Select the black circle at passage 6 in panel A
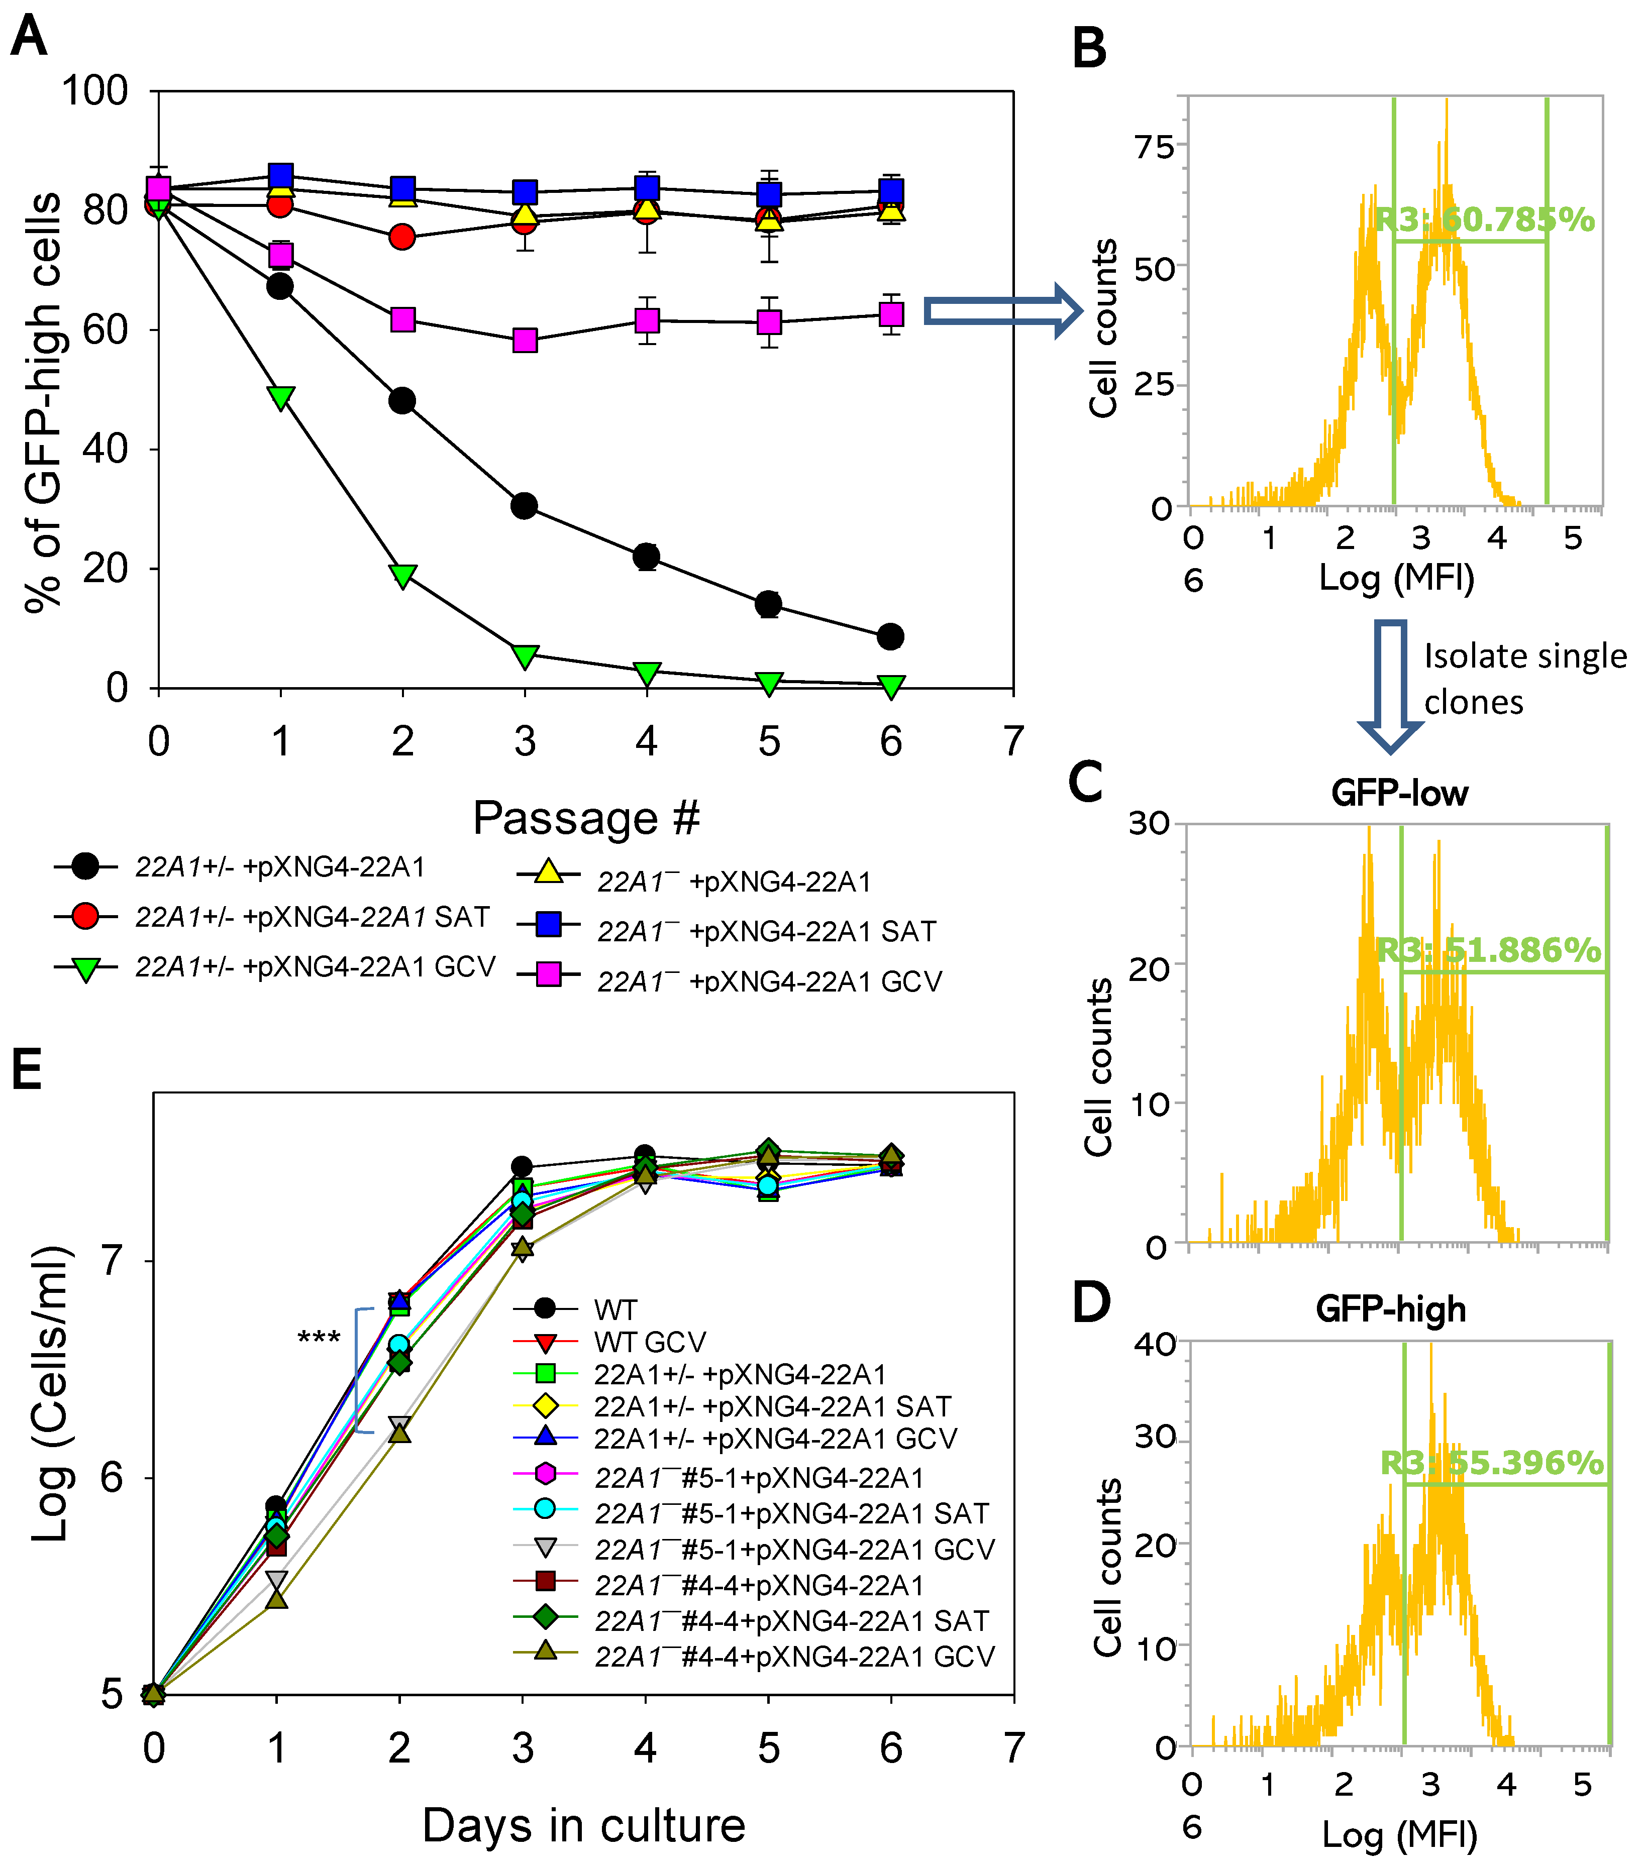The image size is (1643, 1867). click(x=890, y=636)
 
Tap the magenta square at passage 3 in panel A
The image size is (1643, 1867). click(x=525, y=341)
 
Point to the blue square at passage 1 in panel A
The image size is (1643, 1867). click(x=280, y=175)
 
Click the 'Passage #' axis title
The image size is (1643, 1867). click(x=586, y=818)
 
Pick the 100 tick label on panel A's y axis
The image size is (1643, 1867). click(x=94, y=91)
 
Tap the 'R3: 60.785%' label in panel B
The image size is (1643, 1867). click(x=1485, y=220)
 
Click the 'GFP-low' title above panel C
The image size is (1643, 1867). click(x=1399, y=793)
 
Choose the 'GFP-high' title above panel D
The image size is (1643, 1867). click(x=1391, y=1309)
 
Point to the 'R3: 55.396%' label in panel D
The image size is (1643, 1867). click(x=1491, y=1462)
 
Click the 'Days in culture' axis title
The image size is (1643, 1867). click(x=584, y=1825)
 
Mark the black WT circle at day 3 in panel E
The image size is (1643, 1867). click(x=522, y=1166)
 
